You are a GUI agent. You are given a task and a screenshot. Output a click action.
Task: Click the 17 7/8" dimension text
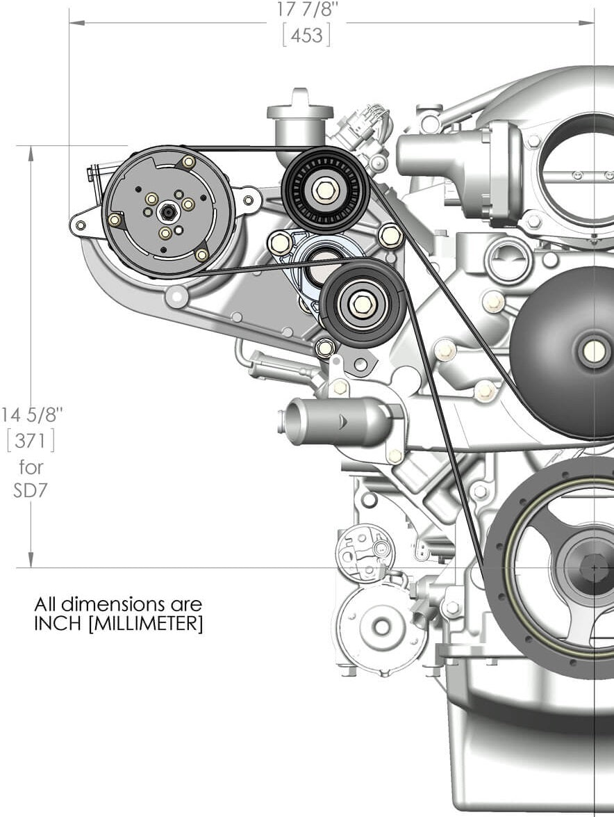pyautogui.click(x=306, y=8)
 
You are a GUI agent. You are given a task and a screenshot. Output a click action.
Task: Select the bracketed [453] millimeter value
pyautogui.click(x=306, y=35)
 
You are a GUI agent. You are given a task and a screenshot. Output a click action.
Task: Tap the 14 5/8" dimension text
pyautogui.click(x=31, y=415)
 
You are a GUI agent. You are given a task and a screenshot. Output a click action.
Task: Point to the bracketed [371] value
pyautogui.click(x=31, y=441)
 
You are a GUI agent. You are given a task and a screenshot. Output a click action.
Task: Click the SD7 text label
pyautogui.click(x=31, y=490)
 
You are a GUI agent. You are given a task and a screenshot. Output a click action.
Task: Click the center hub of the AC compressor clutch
pyautogui.click(x=167, y=212)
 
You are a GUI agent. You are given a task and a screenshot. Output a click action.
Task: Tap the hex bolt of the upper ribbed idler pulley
pyautogui.click(x=325, y=191)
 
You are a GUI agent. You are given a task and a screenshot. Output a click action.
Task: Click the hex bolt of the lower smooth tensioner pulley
pyautogui.click(x=362, y=303)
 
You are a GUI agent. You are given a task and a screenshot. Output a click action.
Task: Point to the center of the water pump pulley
pyautogui.click(x=595, y=352)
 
